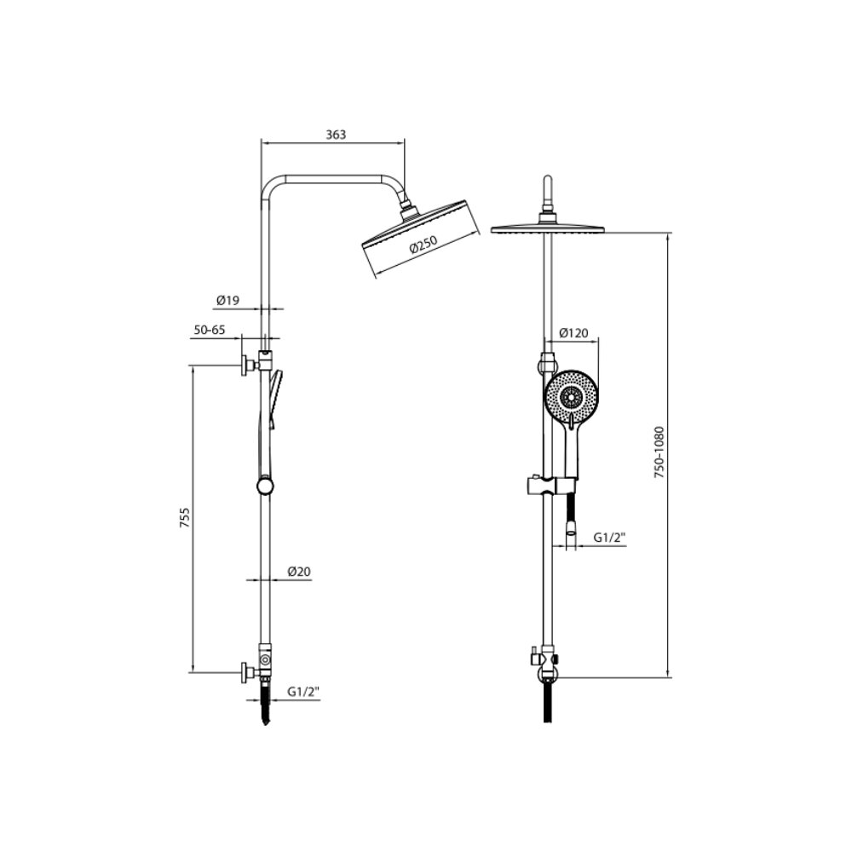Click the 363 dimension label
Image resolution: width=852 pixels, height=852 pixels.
tap(336, 135)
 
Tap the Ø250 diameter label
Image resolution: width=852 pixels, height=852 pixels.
tap(423, 245)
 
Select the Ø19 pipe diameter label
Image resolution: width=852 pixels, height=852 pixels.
tap(227, 300)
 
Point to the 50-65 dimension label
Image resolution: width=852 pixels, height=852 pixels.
tap(210, 330)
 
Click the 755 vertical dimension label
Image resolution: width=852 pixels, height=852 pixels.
tap(185, 518)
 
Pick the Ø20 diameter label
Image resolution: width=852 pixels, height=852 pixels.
tap(299, 571)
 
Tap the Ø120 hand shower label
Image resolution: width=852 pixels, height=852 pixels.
tap(573, 332)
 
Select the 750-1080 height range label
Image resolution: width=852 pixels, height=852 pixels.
tap(659, 452)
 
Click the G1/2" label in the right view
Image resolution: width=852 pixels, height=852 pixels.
tap(609, 538)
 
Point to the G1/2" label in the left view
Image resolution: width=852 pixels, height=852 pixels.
tap(303, 692)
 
